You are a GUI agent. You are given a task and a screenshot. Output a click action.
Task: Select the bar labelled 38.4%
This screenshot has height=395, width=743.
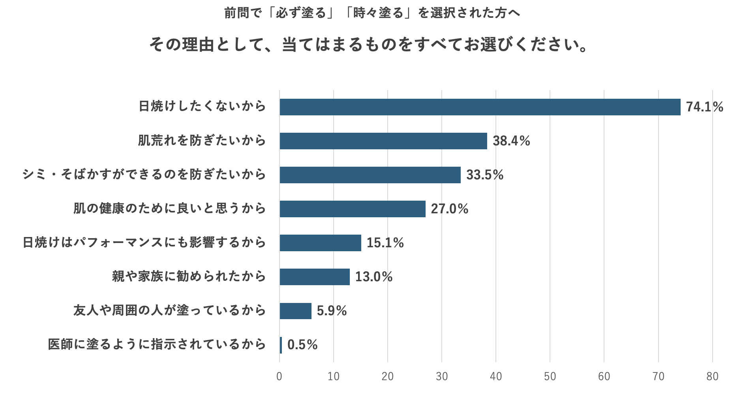tap(383, 141)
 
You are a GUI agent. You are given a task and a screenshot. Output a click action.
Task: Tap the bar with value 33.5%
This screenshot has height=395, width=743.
tap(370, 175)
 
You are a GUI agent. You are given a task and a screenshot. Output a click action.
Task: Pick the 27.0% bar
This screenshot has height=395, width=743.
tap(353, 209)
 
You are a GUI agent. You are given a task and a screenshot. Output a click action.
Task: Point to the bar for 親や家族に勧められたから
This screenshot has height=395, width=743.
tap(315, 277)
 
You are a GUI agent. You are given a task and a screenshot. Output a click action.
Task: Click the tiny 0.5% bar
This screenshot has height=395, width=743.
tap(281, 345)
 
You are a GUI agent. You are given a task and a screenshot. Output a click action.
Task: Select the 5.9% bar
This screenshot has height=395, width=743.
tap(295, 311)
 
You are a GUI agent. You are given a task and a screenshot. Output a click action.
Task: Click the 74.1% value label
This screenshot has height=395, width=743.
tap(704, 107)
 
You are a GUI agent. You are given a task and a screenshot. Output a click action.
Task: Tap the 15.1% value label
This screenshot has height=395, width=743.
tap(385, 243)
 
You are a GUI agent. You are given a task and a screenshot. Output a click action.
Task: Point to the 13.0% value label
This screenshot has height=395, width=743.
tap(373, 277)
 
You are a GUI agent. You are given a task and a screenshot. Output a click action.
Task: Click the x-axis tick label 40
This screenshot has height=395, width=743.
tap(496, 376)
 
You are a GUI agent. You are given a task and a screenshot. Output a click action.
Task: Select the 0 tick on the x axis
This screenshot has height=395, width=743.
tap(280, 376)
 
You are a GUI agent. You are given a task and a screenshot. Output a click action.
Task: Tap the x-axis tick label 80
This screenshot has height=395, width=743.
tap(712, 376)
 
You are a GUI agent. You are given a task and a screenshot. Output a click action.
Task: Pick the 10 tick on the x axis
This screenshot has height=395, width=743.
tap(334, 376)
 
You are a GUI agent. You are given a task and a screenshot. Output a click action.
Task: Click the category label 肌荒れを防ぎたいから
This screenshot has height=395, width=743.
tap(202, 141)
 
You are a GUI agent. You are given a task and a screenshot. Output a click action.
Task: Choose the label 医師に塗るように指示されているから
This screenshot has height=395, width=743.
tap(157, 344)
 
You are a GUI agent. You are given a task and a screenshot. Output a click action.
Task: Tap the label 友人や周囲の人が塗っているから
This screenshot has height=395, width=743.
tap(169, 310)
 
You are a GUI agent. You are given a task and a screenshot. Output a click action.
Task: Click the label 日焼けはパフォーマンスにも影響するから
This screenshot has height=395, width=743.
tap(144, 243)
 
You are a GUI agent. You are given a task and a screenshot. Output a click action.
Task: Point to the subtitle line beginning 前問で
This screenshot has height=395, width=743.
tap(372, 13)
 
